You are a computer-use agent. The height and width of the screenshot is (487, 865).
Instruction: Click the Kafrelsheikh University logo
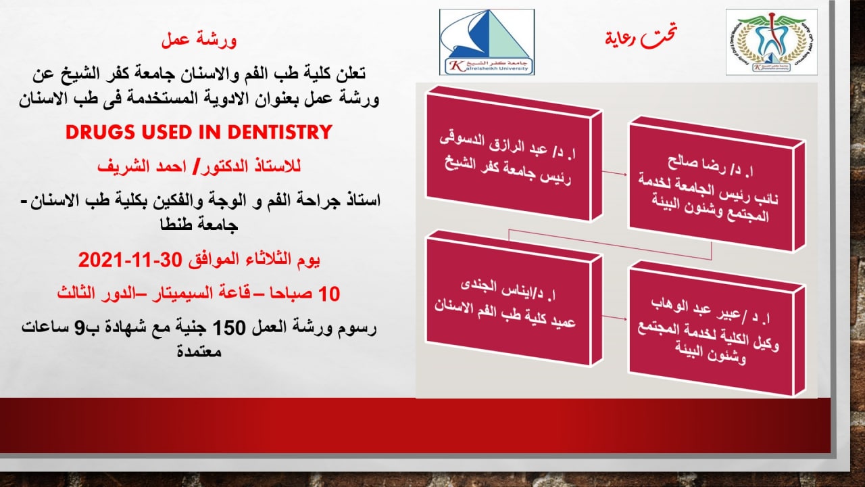click(487, 42)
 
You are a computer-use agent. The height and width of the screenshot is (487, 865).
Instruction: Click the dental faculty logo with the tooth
click(770, 42)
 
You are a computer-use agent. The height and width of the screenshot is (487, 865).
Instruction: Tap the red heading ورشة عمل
click(199, 41)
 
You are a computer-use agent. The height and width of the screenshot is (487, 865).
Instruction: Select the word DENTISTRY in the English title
click(278, 132)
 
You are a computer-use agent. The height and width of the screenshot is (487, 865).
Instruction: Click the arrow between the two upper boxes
click(615, 173)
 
